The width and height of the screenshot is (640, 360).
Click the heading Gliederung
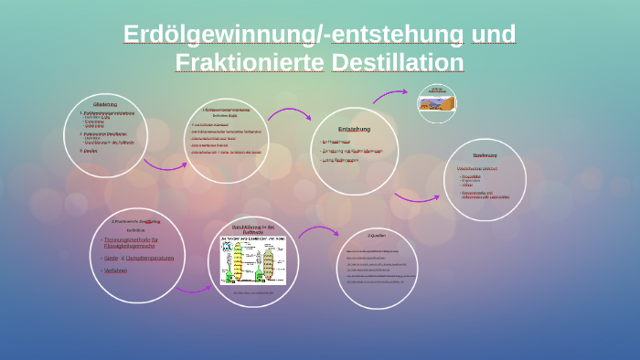point(105,104)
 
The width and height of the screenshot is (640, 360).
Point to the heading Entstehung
point(354,129)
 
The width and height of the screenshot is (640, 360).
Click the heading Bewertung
point(485,156)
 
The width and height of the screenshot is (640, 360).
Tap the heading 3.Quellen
point(378,237)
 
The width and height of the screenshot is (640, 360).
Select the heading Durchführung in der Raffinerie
point(253,228)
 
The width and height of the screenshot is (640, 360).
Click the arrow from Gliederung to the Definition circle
point(165,164)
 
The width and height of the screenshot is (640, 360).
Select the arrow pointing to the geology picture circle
point(390,94)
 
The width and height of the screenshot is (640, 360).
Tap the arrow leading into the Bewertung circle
point(416,196)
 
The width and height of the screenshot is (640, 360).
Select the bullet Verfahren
point(116,270)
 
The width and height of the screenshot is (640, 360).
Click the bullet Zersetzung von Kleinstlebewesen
point(353,150)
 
